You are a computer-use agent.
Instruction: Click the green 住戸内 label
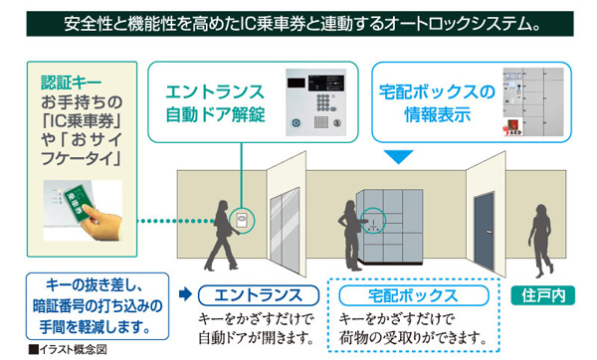(544, 294)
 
